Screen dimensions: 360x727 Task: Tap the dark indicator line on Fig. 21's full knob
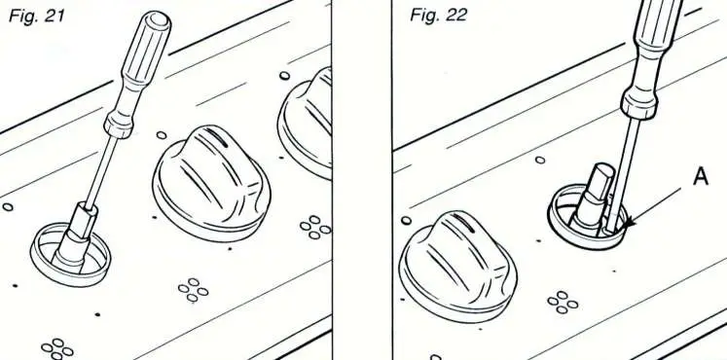[221, 144]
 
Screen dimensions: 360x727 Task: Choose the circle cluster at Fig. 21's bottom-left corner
[59, 347]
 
